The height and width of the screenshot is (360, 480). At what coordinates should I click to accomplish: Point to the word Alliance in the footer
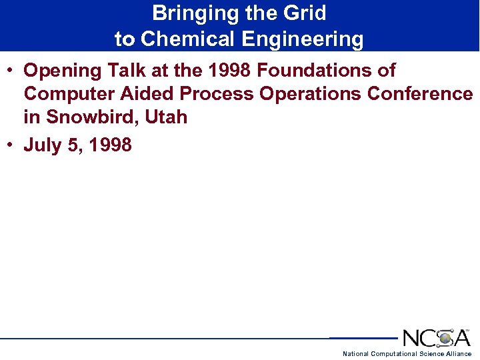click(x=460, y=353)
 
